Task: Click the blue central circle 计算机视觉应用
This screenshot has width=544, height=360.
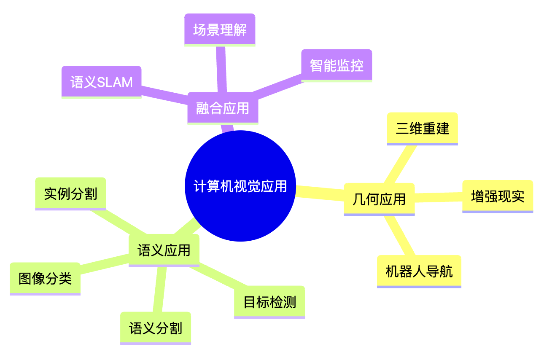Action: point(240,186)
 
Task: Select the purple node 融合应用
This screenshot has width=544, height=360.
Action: point(223,108)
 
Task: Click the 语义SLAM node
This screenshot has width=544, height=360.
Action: point(101,82)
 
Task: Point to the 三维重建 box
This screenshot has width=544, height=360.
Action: point(422,128)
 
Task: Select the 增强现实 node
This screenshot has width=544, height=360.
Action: point(498,196)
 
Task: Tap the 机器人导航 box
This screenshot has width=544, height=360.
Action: point(419,271)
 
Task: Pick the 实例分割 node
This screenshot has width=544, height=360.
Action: point(70,193)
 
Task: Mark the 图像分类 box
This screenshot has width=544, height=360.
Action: point(45,278)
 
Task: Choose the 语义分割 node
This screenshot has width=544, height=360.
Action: point(155,328)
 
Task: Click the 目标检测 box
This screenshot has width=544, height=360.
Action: point(269,302)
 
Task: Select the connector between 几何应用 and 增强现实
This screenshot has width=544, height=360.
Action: point(439,197)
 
